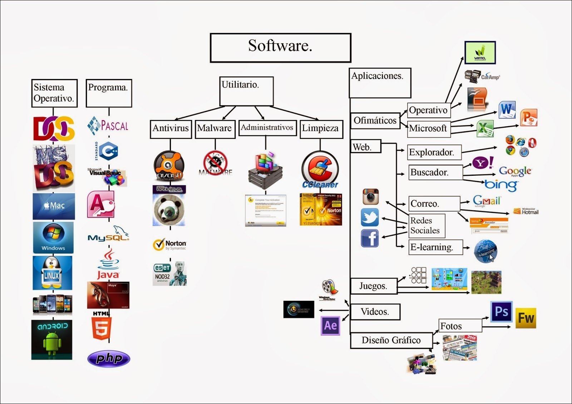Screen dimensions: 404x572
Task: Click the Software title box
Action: tap(280, 48)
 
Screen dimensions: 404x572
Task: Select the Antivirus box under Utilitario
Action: tap(171, 129)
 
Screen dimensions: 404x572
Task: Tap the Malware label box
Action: tap(214, 129)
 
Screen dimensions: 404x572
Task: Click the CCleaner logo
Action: tap(320, 170)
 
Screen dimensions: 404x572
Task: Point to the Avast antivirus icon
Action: tap(169, 166)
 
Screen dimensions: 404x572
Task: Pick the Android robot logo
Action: tap(52, 339)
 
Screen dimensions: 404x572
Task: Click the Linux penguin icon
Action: tap(52, 273)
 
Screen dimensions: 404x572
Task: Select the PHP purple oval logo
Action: tap(109, 358)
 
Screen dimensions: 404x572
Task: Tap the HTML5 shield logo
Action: tap(102, 327)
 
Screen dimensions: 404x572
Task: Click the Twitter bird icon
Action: tap(370, 218)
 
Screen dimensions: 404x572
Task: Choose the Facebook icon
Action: tap(370, 238)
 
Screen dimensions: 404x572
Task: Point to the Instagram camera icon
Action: tap(370, 197)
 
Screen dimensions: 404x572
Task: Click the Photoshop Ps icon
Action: tap(501, 311)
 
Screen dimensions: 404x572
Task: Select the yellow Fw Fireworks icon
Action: tap(526, 318)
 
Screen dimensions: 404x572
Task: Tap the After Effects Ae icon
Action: tap(330, 325)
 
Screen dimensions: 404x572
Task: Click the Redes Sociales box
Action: tap(427, 226)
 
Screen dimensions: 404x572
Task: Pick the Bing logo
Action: tap(501, 185)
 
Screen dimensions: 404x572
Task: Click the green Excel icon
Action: tap(485, 129)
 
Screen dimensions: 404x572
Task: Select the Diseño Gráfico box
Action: tap(391, 340)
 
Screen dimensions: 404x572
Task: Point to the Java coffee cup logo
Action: tap(108, 264)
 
